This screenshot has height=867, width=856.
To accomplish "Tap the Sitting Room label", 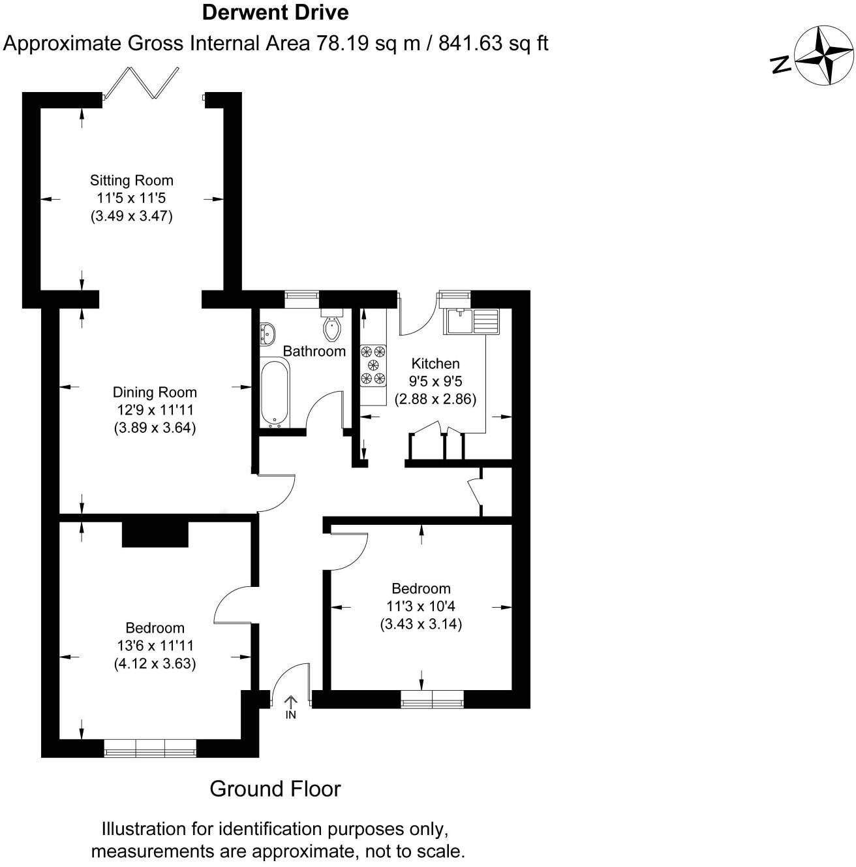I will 131,180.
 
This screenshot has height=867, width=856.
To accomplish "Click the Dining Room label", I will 155,392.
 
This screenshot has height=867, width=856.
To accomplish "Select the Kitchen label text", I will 435,364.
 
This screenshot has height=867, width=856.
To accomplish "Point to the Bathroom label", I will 314,351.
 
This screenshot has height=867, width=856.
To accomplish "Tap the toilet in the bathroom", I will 333,327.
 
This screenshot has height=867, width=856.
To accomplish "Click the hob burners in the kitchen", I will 374,366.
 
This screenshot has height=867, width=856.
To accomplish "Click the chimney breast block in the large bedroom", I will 155,533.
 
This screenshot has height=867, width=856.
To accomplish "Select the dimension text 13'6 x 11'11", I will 155,646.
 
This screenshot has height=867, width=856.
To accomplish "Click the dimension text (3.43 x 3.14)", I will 421,624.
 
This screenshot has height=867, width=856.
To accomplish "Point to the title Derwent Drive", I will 275,12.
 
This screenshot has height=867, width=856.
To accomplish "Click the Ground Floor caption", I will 275,789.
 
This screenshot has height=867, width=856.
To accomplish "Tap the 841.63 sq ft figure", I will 493,43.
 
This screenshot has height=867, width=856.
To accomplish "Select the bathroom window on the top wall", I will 302,298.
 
